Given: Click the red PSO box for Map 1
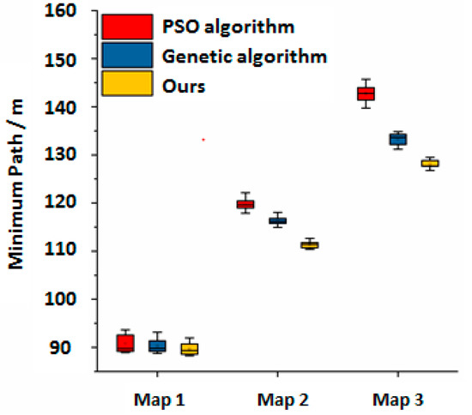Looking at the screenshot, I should pyautogui.click(x=125, y=343).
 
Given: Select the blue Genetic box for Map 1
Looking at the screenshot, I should pyautogui.click(x=157, y=346).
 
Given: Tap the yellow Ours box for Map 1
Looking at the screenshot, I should pyautogui.click(x=189, y=349).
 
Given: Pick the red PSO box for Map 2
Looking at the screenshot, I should pyautogui.click(x=245, y=203).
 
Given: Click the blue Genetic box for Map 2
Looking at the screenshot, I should pyautogui.click(x=277, y=221).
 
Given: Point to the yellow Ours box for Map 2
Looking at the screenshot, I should pyautogui.click(x=309, y=245).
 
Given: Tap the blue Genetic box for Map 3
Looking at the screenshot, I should pyautogui.click(x=397, y=139).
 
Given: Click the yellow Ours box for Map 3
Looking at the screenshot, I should pyautogui.click(x=429, y=163).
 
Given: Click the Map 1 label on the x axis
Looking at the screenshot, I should pyautogui.click(x=157, y=399).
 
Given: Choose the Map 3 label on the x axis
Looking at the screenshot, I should pyautogui.click(x=397, y=399).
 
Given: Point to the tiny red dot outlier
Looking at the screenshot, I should pyautogui.click(x=203, y=139).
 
